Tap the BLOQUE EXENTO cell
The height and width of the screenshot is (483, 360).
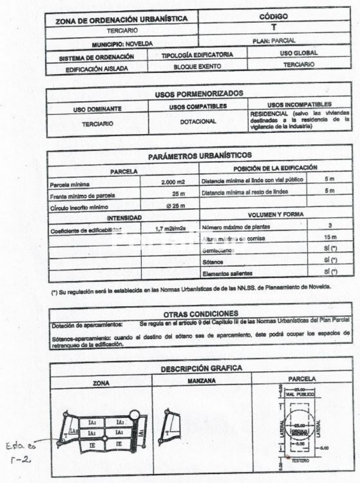pos(197,66)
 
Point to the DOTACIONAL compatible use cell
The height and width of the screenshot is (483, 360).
pos(198,121)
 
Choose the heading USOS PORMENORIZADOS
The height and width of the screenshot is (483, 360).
pos(199,94)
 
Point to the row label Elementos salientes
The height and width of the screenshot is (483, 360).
pos(224,271)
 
